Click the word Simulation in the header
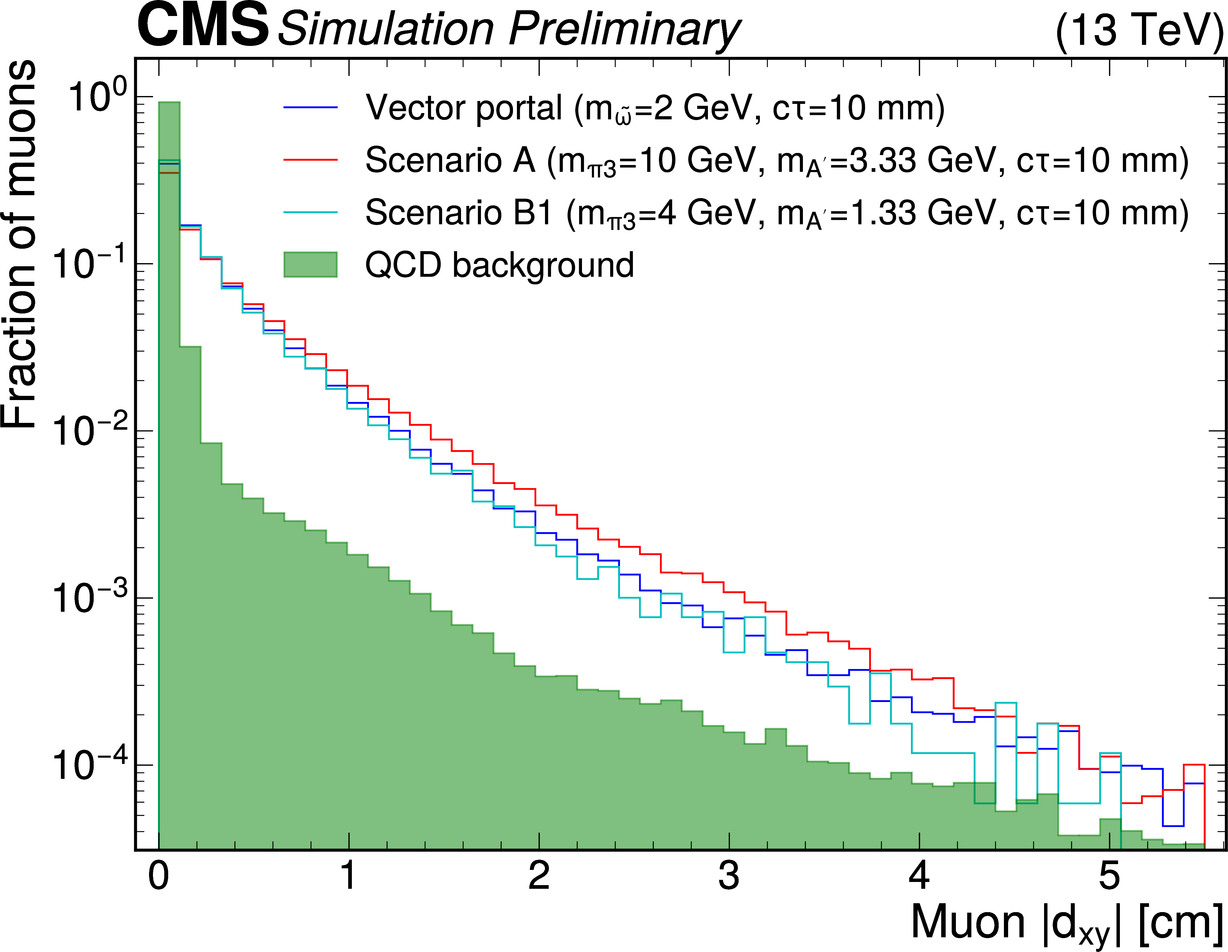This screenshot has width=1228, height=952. tap(386, 29)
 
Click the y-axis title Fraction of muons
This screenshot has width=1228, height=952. tap(20, 244)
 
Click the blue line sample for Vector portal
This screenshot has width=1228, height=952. tap(310, 107)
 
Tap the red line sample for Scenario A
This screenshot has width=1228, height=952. tap(310, 159)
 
